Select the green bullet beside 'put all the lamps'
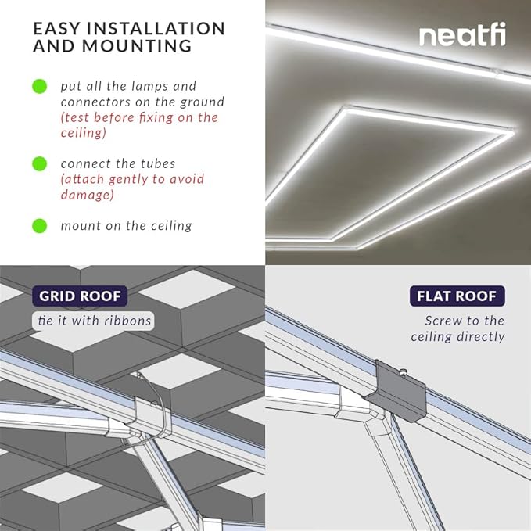click(39, 86)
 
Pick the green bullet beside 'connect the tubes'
click(39, 163)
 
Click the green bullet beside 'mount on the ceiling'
click(39, 226)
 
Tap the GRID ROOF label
click(80, 296)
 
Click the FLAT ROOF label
click(457, 296)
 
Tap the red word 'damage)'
click(88, 195)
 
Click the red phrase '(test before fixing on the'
click(139, 117)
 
